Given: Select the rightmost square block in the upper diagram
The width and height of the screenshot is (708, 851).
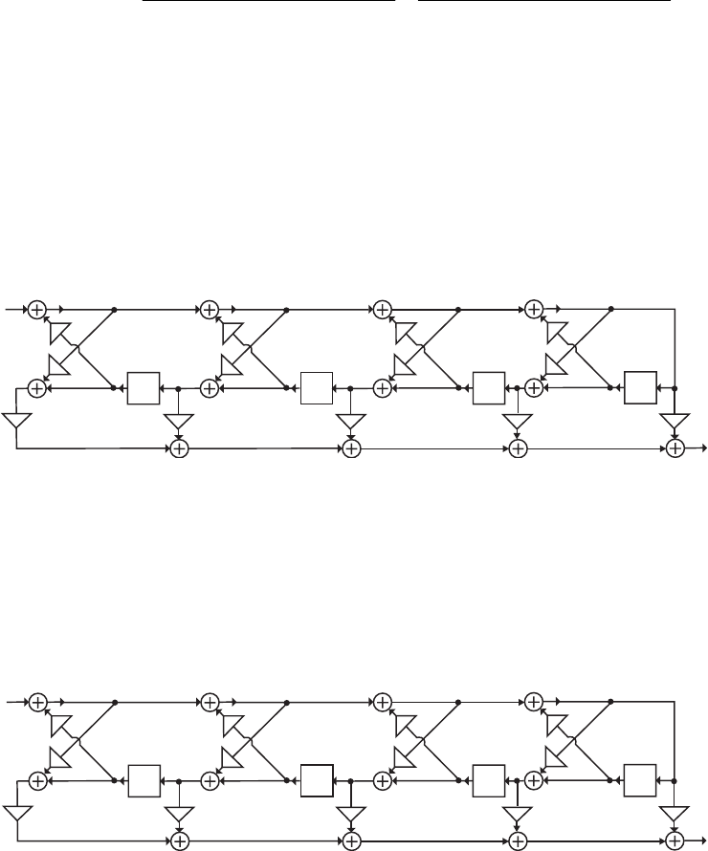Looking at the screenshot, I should (640, 388).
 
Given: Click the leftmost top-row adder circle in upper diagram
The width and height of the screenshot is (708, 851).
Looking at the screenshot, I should (36, 309).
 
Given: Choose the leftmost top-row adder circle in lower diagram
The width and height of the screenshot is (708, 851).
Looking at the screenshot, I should (36, 702).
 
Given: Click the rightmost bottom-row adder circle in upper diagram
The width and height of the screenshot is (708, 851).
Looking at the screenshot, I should (675, 447).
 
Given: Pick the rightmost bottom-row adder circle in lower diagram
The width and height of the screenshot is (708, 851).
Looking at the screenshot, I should (675, 840).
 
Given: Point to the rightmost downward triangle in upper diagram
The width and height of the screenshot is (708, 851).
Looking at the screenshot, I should (675, 421).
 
